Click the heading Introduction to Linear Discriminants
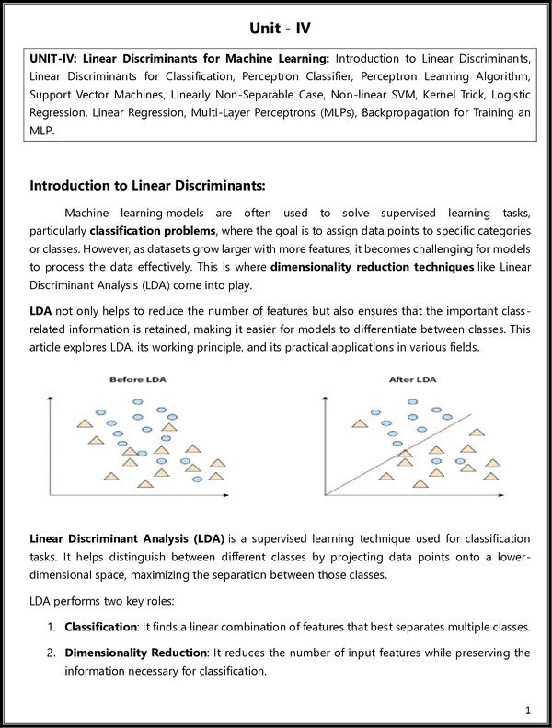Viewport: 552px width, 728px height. point(147,186)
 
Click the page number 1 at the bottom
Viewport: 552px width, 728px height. point(528,710)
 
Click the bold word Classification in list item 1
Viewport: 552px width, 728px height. point(99,627)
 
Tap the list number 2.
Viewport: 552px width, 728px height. point(52,653)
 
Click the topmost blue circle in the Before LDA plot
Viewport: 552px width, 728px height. point(138,402)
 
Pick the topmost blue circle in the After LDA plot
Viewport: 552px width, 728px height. point(412,402)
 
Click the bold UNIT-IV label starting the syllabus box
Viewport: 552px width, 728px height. point(48,59)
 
